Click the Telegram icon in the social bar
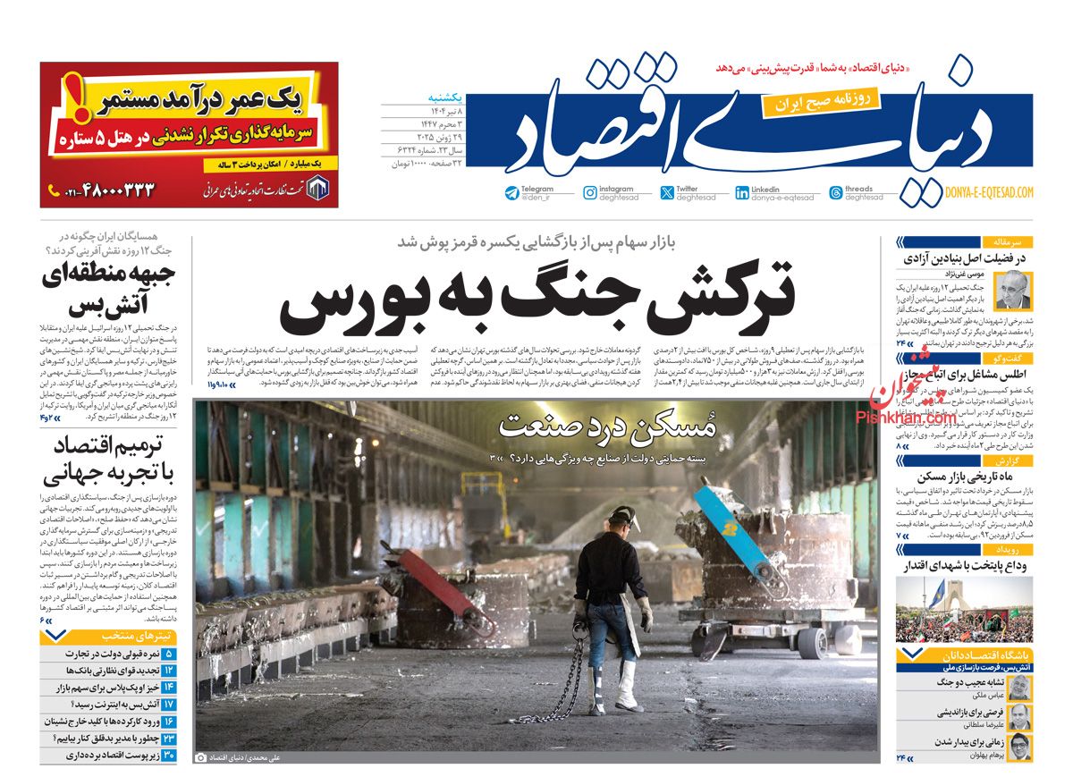pos(511,192)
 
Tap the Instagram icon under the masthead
pos(590,192)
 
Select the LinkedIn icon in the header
pos(742,192)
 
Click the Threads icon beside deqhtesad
pos(836,192)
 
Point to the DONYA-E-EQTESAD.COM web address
pos(989,192)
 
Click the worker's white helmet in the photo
pos(623,516)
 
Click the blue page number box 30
pos(169,756)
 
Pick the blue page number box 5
pos(169,655)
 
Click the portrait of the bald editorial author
pos(1012,291)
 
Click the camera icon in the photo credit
pos(200,756)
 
